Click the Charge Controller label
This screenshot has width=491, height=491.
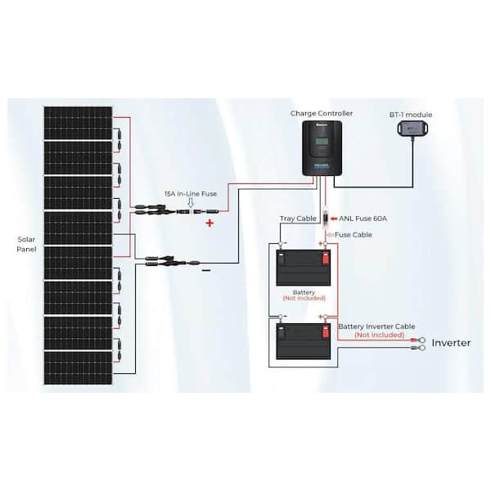[x=320, y=114]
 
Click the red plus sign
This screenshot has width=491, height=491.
[x=209, y=222]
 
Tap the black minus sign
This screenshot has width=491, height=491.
[x=206, y=269]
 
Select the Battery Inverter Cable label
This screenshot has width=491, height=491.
[x=371, y=327]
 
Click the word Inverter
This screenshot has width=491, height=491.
[x=451, y=342]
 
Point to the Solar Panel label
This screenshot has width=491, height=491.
[x=26, y=244]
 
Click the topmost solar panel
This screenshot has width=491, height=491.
[x=78, y=123]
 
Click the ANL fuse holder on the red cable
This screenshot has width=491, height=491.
[x=325, y=220]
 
